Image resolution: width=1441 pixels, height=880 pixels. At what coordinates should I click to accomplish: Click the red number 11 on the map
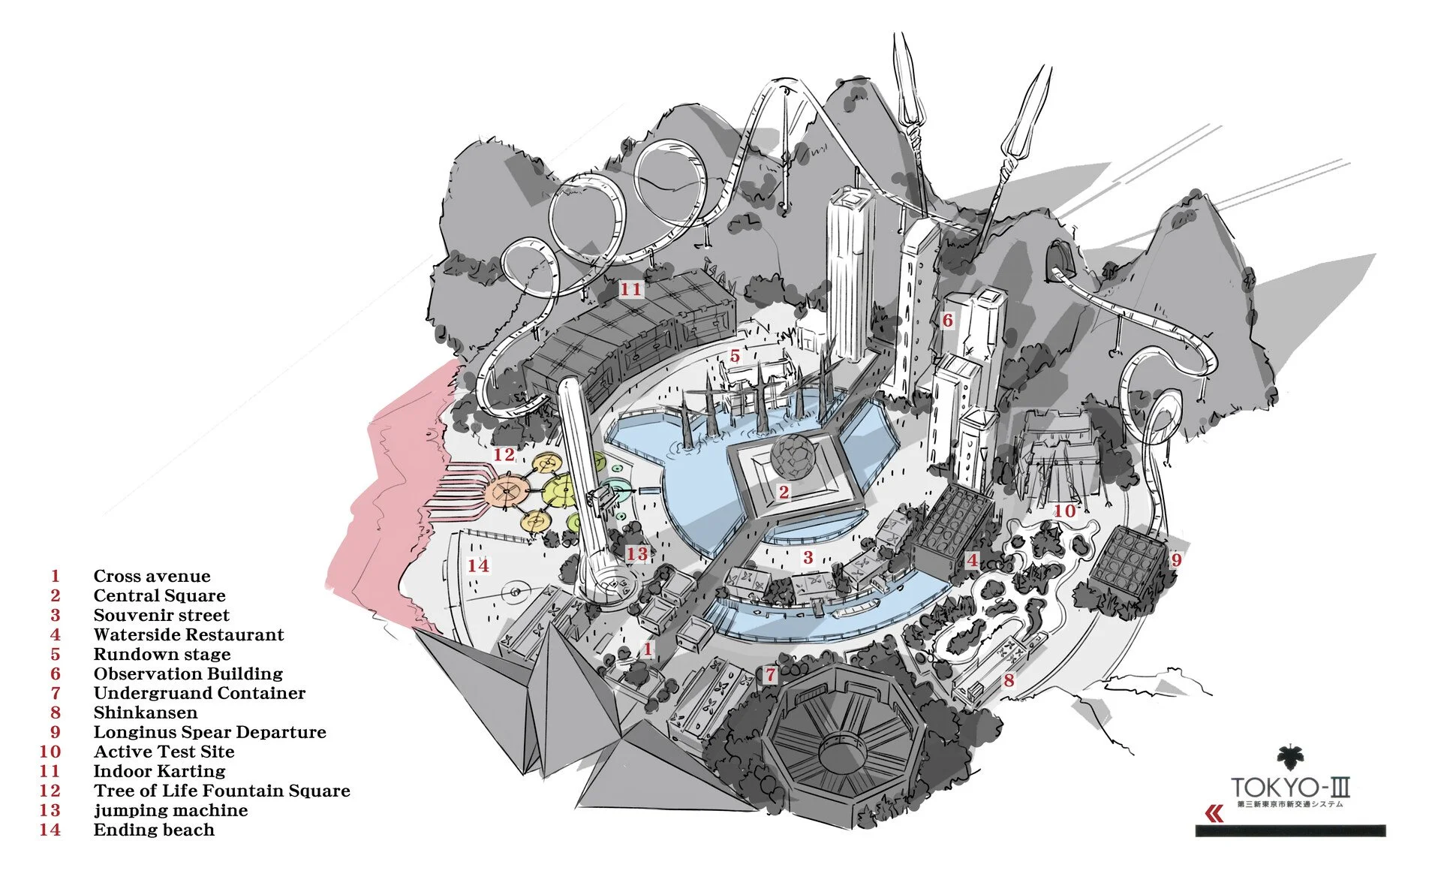630,289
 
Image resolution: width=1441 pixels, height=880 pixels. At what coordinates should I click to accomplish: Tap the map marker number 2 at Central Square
784,492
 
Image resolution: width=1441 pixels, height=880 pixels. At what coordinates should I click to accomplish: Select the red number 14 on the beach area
478,565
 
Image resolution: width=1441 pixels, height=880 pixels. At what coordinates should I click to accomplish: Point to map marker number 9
1176,559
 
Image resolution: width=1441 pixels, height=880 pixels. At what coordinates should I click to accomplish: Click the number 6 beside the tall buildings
947,321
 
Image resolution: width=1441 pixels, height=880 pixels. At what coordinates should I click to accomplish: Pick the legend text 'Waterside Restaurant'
188,635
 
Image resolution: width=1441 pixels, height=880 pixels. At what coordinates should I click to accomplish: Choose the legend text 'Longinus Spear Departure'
209,733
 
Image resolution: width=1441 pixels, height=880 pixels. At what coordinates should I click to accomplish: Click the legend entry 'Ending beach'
154,830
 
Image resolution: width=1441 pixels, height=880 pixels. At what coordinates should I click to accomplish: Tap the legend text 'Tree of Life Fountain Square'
221,791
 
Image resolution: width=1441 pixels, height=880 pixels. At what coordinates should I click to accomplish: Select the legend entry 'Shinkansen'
146,713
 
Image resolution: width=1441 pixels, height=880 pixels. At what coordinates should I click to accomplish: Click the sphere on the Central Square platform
793,456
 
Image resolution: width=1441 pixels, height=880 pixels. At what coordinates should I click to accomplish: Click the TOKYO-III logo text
1290,788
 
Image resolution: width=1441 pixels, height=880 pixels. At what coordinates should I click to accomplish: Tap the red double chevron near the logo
1214,814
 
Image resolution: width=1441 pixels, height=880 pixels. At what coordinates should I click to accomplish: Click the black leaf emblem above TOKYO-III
1291,759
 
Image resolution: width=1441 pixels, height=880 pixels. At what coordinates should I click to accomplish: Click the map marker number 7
770,675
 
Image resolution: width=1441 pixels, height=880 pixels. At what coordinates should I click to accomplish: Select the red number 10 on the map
1064,511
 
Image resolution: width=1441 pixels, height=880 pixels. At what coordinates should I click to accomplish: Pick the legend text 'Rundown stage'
161,655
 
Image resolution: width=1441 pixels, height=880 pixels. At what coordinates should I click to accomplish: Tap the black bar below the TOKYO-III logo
1290,831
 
